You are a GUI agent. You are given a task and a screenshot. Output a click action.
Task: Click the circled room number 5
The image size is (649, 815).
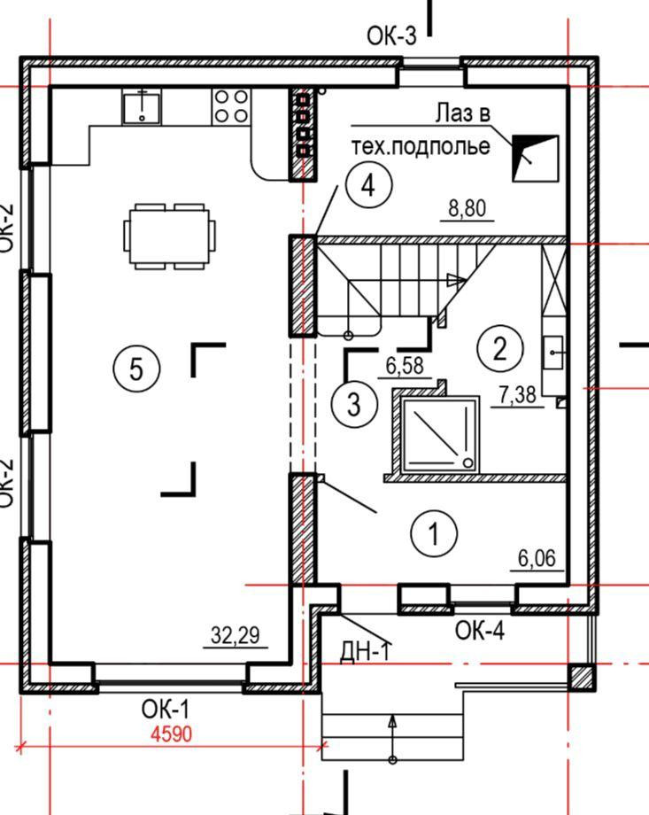pyautogui.click(x=136, y=368)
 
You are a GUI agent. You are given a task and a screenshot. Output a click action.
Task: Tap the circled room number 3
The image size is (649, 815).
pyautogui.click(x=353, y=404)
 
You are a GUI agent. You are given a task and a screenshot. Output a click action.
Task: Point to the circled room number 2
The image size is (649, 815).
pyautogui.click(x=499, y=348)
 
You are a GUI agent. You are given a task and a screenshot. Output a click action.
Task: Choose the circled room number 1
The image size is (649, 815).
pyautogui.click(x=434, y=534)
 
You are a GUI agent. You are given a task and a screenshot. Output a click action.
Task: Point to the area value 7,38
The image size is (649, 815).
pyautogui.click(x=517, y=395)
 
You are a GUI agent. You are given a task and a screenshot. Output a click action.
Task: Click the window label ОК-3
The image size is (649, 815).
pyautogui.click(x=391, y=35)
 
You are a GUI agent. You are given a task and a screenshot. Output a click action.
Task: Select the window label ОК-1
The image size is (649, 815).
pyautogui.click(x=166, y=710)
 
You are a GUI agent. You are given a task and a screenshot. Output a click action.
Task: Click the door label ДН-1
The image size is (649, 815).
pyautogui.click(x=365, y=652)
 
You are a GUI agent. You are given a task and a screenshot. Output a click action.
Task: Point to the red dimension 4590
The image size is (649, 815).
pyautogui.click(x=171, y=733)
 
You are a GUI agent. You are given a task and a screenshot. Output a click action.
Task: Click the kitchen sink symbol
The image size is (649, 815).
pyautogui.click(x=140, y=106)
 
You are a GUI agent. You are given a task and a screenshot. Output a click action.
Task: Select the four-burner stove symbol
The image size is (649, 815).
pyautogui.click(x=231, y=106)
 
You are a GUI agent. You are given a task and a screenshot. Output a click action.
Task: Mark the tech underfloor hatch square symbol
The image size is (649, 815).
pyautogui.click(x=536, y=159)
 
